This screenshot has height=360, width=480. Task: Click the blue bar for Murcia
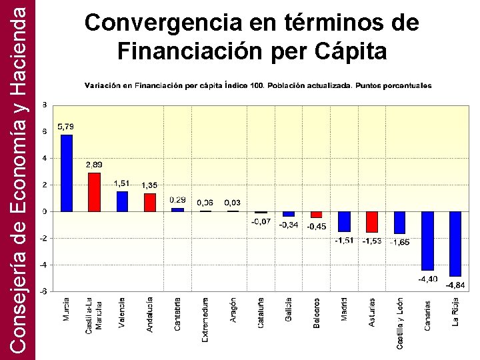(67, 173)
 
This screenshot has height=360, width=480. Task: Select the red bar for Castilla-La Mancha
(94, 192)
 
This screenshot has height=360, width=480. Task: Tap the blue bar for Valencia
(122, 201)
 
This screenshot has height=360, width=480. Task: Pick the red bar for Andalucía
(150, 202)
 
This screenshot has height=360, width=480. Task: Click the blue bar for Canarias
(427, 240)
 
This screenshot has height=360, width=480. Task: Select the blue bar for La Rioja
(455, 243)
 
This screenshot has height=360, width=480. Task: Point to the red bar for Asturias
(372, 221)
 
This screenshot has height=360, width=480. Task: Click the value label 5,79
(66, 126)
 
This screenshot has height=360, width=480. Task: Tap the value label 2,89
(94, 164)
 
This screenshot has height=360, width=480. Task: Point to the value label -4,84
(455, 285)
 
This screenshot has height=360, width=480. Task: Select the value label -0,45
(317, 227)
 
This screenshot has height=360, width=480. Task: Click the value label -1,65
(400, 242)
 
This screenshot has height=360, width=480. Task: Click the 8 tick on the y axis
(45, 105)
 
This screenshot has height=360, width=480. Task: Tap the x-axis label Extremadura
(205, 320)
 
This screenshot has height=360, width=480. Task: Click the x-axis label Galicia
(289, 310)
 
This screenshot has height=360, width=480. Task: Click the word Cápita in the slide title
(346, 51)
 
